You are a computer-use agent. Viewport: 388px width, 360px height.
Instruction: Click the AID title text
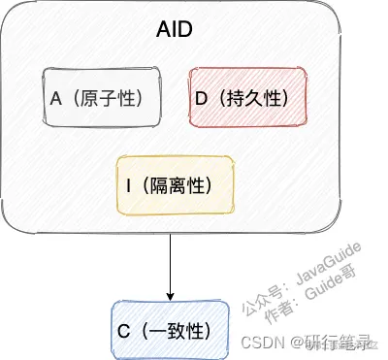pyautogui.click(x=175, y=30)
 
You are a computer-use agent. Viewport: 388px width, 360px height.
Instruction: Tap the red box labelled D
pyautogui.click(x=247, y=97)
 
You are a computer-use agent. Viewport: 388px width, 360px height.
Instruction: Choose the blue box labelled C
pyautogui.click(x=171, y=330)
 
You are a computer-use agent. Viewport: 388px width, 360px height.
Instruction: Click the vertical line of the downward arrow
pyautogui.click(x=171, y=257)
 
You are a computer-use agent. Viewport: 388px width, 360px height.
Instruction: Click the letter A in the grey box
pyautogui.click(x=56, y=97)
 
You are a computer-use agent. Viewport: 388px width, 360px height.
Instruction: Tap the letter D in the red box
pyautogui.click(x=201, y=97)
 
